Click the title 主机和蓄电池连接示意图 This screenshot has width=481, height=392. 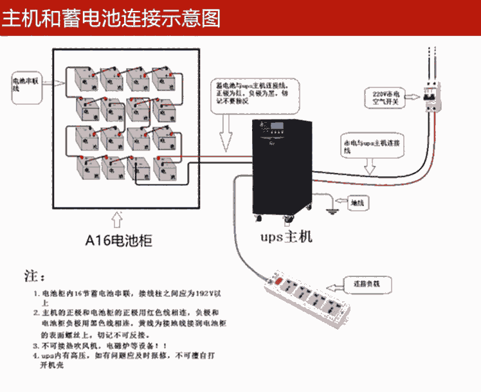(x=111, y=17)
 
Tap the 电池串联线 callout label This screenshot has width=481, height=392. (x=25, y=86)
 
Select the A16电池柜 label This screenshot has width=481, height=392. (x=119, y=241)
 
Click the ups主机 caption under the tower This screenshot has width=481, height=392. (x=286, y=236)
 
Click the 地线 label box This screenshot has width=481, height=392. (x=357, y=202)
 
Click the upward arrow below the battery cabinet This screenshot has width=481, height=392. (x=117, y=220)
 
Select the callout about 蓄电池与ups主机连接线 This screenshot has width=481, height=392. (x=253, y=94)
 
